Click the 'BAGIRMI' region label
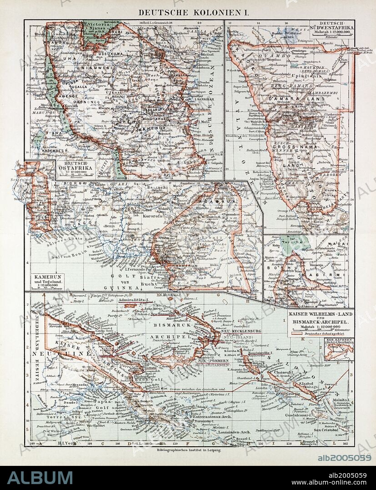click(328, 275)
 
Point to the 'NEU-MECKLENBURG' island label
click(230, 331)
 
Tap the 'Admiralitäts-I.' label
click(131, 300)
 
